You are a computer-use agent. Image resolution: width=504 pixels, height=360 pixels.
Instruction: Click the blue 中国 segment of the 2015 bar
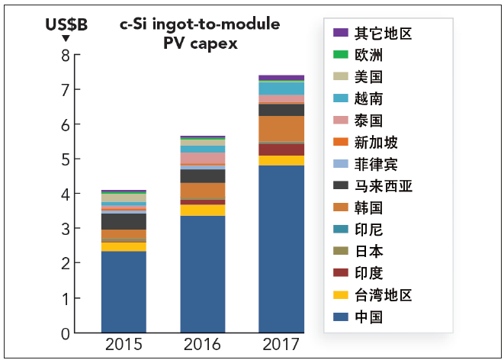coord(124,292)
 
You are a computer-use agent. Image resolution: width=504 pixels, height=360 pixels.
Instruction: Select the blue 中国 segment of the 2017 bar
coord(281,249)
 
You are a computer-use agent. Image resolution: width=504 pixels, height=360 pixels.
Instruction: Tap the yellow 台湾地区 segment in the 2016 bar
coord(203,211)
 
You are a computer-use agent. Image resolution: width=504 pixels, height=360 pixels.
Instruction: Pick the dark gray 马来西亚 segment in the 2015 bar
coord(124,221)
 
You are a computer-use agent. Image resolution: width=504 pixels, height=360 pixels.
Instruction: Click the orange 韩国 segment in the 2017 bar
coord(281,129)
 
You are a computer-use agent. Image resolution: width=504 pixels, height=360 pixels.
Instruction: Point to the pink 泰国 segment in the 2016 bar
coord(203,158)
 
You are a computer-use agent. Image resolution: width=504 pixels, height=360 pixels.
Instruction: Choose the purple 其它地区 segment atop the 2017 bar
coord(281,78)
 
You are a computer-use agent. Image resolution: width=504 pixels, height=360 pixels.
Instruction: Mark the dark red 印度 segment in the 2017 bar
coord(281,149)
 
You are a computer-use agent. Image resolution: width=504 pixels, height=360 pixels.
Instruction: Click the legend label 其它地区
coord(383,33)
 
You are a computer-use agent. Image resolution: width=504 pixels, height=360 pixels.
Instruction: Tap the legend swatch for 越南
coord(341,98)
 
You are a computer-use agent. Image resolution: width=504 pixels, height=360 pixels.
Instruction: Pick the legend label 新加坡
coord(376,143)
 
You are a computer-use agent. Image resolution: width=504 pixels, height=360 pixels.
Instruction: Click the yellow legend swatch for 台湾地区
coord(341,294)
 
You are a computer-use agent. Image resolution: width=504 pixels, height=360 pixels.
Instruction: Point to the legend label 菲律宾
coord(376,164)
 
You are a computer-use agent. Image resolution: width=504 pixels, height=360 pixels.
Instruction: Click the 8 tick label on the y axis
coord(66,56)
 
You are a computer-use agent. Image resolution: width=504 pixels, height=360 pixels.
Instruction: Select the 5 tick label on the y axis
coord(66,159)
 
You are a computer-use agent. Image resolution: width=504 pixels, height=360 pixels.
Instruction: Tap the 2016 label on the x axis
coord(202,344)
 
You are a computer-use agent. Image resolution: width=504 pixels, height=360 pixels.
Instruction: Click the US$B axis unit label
coord(66,24)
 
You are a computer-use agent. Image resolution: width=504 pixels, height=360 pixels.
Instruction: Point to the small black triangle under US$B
coord(66,38)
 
